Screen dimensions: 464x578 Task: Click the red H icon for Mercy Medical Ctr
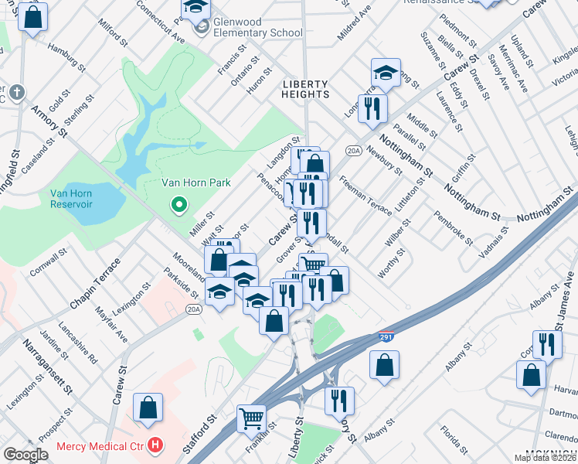point(155,445)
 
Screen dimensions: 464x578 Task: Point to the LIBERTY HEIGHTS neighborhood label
point(305,89)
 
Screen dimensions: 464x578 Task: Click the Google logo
point(25,455)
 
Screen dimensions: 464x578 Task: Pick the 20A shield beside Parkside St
point(193,309)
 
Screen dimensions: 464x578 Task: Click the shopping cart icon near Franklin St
point(251,418)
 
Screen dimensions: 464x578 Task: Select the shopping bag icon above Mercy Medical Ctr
point(148,408)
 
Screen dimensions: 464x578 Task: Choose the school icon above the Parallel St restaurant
point(386,73)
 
